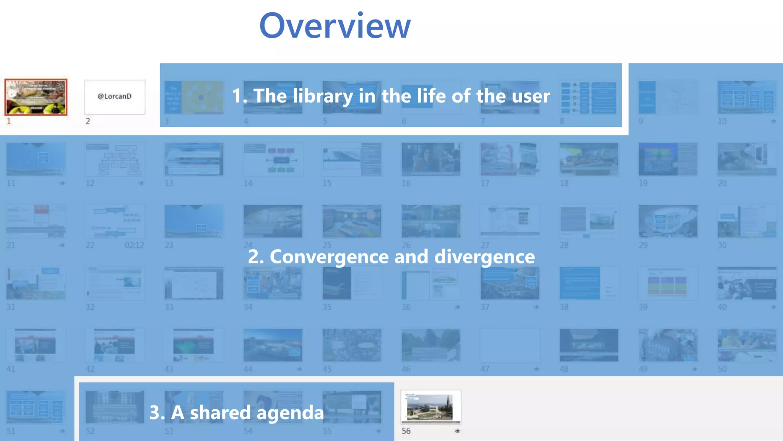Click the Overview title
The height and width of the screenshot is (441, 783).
click(335, 26)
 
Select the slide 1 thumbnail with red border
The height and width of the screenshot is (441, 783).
click(36, 97)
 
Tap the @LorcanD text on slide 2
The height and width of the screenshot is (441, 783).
click(115, 96)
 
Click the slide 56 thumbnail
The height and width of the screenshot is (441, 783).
click(431, 407)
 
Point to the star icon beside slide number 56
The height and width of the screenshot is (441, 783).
click(457, 431)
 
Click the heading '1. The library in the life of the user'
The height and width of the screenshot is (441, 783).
click(391, 96)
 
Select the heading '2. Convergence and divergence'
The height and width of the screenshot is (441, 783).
click(391, 256)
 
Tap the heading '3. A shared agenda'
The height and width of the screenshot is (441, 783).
click(236, 413)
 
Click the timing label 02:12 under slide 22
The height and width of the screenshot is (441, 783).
click(134, 245)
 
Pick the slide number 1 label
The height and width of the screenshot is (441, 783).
click(9, 121)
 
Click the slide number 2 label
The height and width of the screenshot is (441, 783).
click(88, 121)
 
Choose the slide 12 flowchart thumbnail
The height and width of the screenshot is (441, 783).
click(115, 159)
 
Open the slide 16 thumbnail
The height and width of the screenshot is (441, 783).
click(431, 159)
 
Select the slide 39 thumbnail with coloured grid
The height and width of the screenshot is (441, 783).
click(668, 283)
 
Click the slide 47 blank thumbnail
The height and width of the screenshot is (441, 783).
click(510, 345)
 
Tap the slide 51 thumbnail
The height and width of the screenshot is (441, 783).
click(36, 407)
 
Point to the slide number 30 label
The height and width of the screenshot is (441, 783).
click(722, 245)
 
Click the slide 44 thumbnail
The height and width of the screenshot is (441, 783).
click(273, 345)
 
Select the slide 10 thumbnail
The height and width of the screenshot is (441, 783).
click(747, 97)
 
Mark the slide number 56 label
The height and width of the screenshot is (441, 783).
click(406, 431)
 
